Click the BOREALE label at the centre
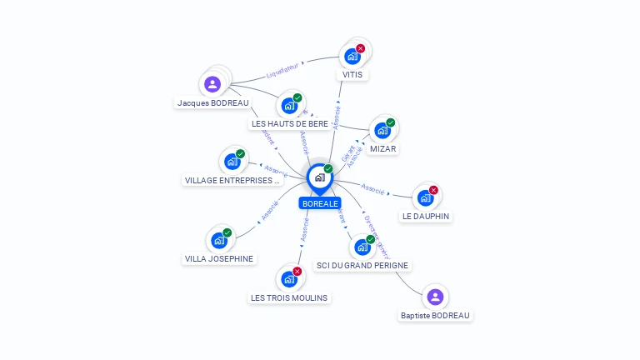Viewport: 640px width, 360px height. coord(320,203)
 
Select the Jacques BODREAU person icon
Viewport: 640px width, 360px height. coord(212,84)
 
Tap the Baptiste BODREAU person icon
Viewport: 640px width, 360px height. coord(434,297)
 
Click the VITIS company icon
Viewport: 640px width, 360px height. coord(352,57)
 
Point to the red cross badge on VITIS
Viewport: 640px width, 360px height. coord(360,48)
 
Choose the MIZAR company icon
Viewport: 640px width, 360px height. coord(382,131)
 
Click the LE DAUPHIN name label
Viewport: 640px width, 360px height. coord(426,216)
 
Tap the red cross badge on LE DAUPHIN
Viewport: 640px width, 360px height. coord(433,190)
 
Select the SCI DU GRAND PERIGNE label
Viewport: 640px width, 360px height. coord(362,265)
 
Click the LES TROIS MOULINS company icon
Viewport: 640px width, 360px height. coord(289,278)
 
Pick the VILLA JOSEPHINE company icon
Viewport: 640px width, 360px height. coord(219,241)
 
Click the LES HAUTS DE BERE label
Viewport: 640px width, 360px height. coord(290,123)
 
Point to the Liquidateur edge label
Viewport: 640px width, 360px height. coord(282,71)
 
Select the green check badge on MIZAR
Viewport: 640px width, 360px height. coord(390,123)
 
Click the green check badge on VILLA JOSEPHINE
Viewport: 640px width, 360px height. coord(227,233)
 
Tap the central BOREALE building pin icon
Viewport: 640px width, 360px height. coord(319,177)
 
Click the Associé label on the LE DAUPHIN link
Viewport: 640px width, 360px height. coord(373,190)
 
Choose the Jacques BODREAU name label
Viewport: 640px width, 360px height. coord(212,102)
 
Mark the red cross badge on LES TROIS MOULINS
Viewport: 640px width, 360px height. coord(297,271)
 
